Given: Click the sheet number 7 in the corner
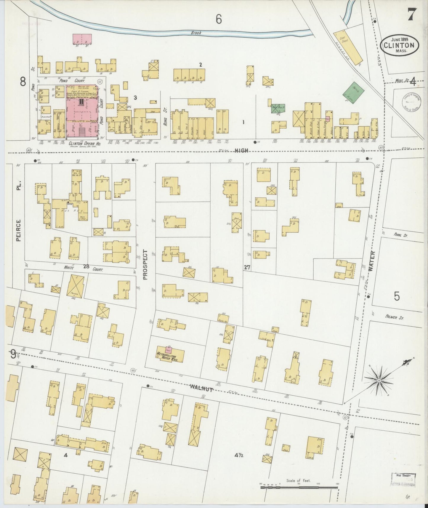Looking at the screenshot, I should [x=412, y=14].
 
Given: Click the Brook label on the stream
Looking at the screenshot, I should [x=196, y=33].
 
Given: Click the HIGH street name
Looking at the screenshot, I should [x=241, y=151].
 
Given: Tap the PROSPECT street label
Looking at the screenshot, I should [x=145, y=264].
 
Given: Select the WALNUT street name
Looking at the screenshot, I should [x=201, y=387].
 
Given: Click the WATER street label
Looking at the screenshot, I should [x=372, y=261].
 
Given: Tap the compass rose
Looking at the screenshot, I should [x=379, y=380].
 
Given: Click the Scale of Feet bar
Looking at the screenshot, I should [x=299, y=487].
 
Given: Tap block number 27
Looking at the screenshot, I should [x=247, y=267].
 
